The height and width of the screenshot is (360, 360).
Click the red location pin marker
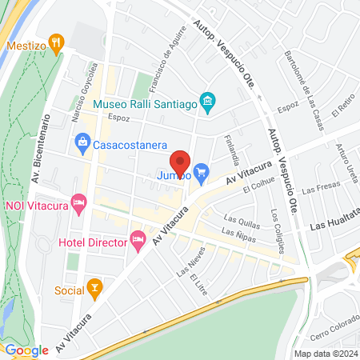[181, 163]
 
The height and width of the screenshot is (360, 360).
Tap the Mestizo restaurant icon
[56, 42]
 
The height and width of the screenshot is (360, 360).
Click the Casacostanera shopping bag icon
[82, 144]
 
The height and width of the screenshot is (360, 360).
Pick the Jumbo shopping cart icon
[202, 170]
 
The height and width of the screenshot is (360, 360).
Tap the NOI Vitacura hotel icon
[78, 203]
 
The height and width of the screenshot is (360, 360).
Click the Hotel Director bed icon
[138, 238]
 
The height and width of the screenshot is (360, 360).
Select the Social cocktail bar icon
[95, 288]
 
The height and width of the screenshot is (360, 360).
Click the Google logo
[26, 349]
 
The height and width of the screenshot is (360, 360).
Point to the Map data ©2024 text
[324, 353]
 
